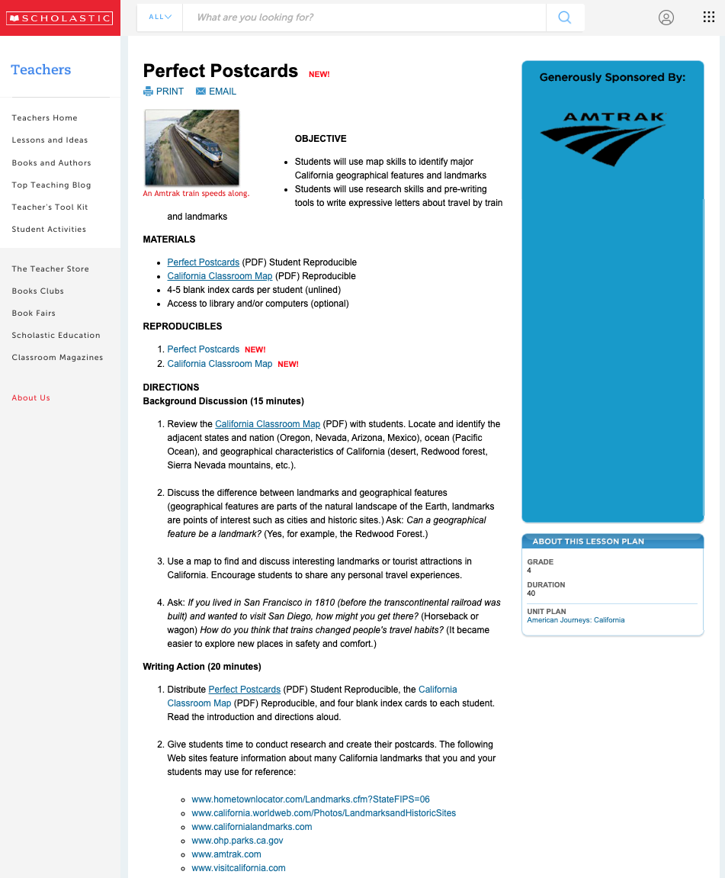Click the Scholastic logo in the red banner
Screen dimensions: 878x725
(59, 18)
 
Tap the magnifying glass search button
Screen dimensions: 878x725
(565, 18)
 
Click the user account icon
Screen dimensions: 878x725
(666, 18)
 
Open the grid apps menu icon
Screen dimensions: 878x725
(708, 18)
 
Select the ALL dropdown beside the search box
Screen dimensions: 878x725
(160, 17)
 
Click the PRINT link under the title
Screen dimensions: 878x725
(164, 92)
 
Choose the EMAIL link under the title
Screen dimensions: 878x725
(217, 92)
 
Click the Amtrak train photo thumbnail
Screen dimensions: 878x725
(192, 147)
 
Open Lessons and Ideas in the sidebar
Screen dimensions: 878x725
(50, 140)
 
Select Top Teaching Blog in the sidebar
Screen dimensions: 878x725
(51, 185)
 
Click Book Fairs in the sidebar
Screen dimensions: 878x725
(34, 313)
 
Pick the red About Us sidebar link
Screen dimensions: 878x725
(30, 398)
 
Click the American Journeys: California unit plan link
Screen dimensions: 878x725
(576, 620)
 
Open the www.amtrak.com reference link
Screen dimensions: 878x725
(226, 854)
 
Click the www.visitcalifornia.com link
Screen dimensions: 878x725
(239, 868)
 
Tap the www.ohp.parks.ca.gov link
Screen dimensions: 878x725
(237, 841)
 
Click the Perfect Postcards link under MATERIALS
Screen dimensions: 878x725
(203, 262)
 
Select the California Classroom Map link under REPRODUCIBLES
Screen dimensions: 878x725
(220, 364)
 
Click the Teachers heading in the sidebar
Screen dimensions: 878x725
(40, 70)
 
